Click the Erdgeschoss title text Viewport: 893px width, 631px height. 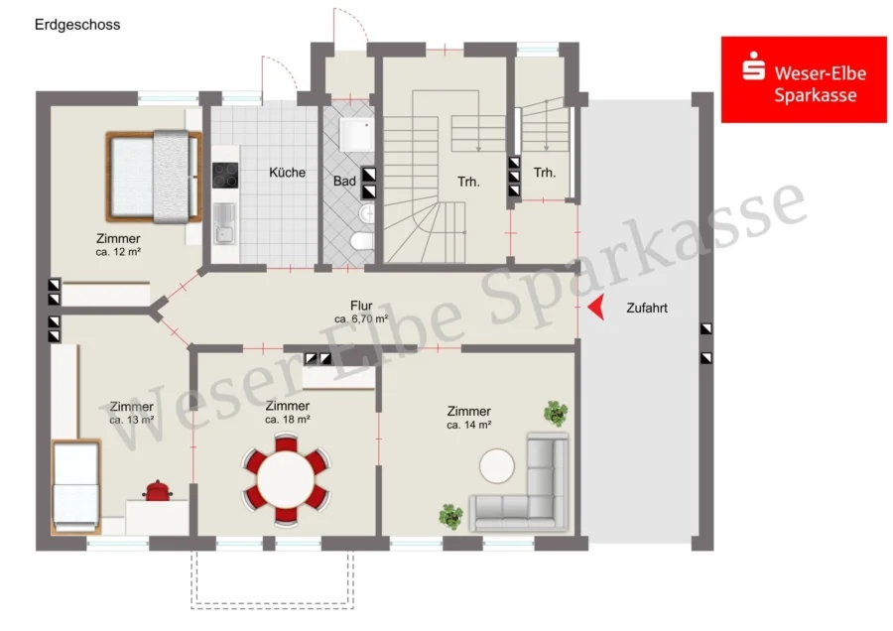pyautogui.click(x=77, y=25)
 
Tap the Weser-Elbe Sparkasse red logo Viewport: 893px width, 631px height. pyautogui.click(x=804, y=79)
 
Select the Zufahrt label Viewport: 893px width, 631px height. pyautogui.click(x=647, y=309)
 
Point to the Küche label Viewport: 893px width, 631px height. pyautogui.click(x=287, y=173)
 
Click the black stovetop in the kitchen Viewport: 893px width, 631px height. pyautogui.click(x=225, y=176)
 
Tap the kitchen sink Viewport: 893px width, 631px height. pyautogui.click(x=224, y=224)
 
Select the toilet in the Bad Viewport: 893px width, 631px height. pyautogui.click(x=361, y=241)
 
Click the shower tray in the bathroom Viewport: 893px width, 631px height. pyautogui.click(x=356, y=134)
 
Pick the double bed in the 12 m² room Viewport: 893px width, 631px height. pyautogui.click(x=154, y=177)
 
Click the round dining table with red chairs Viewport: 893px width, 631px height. pyautogui.click(x=286, y=479)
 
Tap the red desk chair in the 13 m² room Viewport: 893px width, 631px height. pyautogui.click(x=157, y=491)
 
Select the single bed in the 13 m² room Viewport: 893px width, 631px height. pyautogui.click(x=75, y=487)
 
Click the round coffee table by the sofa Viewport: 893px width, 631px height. pyautogui.click(x=497, y=466)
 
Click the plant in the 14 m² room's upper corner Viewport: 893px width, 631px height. pyautogui.click(x=556, y=413)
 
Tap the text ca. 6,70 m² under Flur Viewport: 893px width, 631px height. pyautogui.click(x=361, y=318)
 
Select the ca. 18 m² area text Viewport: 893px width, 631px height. pyautogui.click(x=287, y=420)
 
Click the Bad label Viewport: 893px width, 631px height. pyautogui.click(x=344, y=182)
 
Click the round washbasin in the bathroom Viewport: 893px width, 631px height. pyautogui.click(x=367, y=214)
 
